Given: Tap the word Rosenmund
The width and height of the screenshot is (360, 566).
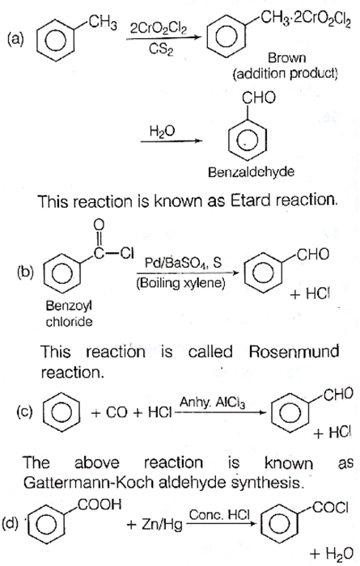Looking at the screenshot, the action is click(x=294, y=351).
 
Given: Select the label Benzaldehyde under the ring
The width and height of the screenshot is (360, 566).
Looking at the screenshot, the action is click(x=251, y=171).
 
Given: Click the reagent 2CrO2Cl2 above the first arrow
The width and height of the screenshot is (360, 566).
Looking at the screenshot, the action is click(x=158, y=29).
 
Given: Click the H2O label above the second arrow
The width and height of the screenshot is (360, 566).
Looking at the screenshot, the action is click(x=162, y=131).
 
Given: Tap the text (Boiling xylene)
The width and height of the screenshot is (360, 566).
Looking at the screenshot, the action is click(x=180, y=283).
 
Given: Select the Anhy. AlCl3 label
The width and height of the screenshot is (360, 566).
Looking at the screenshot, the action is click(x=212, y=403).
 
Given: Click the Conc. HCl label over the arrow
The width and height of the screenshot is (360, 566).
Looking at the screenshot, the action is click(x=219, y=515).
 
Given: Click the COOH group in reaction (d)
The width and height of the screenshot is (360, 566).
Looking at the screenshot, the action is click(x=100, y=505).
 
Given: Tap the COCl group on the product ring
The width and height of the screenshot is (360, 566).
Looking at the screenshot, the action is click(x=330, y=508).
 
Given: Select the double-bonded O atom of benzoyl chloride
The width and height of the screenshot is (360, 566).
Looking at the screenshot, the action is click(x=98, y=225).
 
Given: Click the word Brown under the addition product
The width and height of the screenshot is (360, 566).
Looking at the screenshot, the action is click(x=286, y=57).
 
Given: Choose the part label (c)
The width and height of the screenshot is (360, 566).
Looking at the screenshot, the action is click(x=24, y=412).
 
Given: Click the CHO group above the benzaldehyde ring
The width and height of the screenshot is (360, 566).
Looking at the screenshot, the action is click(x=259, y=98).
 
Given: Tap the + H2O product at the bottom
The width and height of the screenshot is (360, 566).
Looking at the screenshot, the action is click(x=331, y=553).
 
